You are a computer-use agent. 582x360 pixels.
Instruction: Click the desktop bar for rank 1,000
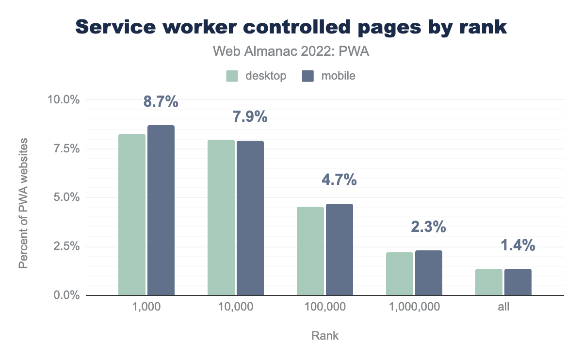point(132,214)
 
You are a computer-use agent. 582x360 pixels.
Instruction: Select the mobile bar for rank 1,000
point(161,210)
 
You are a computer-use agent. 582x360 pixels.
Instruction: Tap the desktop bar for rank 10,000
point(221,217)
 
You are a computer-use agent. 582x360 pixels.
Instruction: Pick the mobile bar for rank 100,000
point(339,249)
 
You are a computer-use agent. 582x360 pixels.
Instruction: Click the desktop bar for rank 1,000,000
point(400,274)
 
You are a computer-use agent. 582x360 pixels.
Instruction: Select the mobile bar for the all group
point(518,282)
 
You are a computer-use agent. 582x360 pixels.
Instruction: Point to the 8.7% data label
point(161,102)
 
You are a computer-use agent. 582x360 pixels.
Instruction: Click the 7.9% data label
point(250,117)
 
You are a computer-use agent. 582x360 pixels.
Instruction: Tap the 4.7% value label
point(339,180)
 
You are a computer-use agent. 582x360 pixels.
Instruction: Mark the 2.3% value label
point(428,227)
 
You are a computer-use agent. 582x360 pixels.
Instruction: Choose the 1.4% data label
point(518,245)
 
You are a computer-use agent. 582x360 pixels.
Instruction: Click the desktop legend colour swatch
point(232,76)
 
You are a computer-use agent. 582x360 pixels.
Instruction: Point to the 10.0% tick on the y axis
point(63,99)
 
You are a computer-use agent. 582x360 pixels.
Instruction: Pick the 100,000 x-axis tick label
point(325,307)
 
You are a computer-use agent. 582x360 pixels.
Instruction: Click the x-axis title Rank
point(325,336)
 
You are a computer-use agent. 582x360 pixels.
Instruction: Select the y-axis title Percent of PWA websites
point(23,202)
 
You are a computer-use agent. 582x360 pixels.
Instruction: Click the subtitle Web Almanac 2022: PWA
point(291,52)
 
